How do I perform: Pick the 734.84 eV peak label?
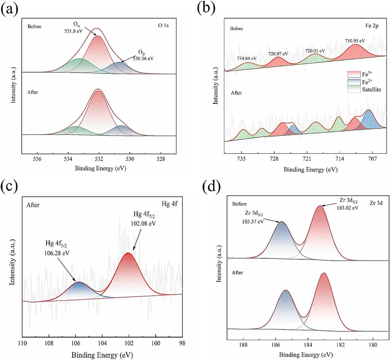[246, 58]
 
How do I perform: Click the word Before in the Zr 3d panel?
[240, 203]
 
